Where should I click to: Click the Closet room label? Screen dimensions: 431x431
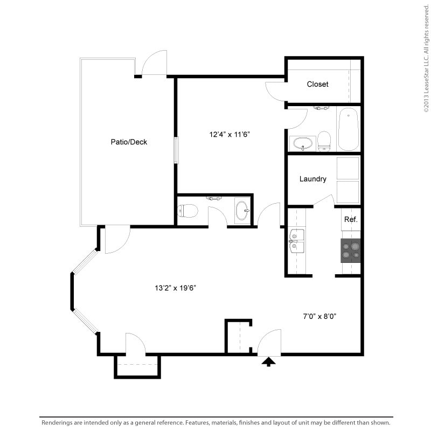317,84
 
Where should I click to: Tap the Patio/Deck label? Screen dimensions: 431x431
129,142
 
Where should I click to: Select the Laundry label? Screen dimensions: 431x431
312,179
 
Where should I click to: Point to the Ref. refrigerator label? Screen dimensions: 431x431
351,220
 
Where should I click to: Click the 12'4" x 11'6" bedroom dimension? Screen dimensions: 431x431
230,135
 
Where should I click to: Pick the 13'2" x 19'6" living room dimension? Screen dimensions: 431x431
175,288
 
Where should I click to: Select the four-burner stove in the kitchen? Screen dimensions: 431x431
350,250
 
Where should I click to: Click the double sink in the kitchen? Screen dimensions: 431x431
296,240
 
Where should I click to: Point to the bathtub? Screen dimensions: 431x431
349,129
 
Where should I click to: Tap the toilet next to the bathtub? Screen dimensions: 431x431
324,141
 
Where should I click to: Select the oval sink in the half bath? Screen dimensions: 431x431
242,210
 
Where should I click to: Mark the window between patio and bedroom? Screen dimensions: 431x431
175,150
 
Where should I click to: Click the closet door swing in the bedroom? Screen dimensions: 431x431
276,91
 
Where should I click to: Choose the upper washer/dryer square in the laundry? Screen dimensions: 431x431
347,168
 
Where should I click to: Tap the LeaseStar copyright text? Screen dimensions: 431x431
426,57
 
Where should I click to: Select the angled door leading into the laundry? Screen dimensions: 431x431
324,200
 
